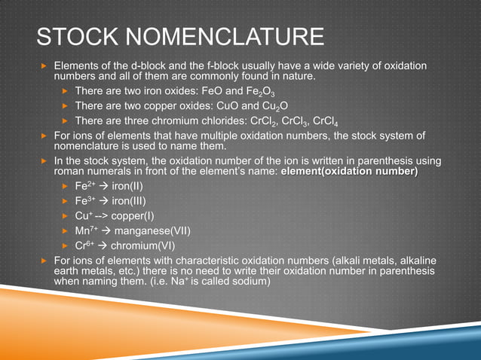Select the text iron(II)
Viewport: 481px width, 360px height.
pos(128,186)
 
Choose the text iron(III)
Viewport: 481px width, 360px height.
pos(130,201)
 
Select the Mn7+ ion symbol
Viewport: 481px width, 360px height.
pos(85,230)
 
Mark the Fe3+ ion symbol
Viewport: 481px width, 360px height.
pos(84,201)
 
